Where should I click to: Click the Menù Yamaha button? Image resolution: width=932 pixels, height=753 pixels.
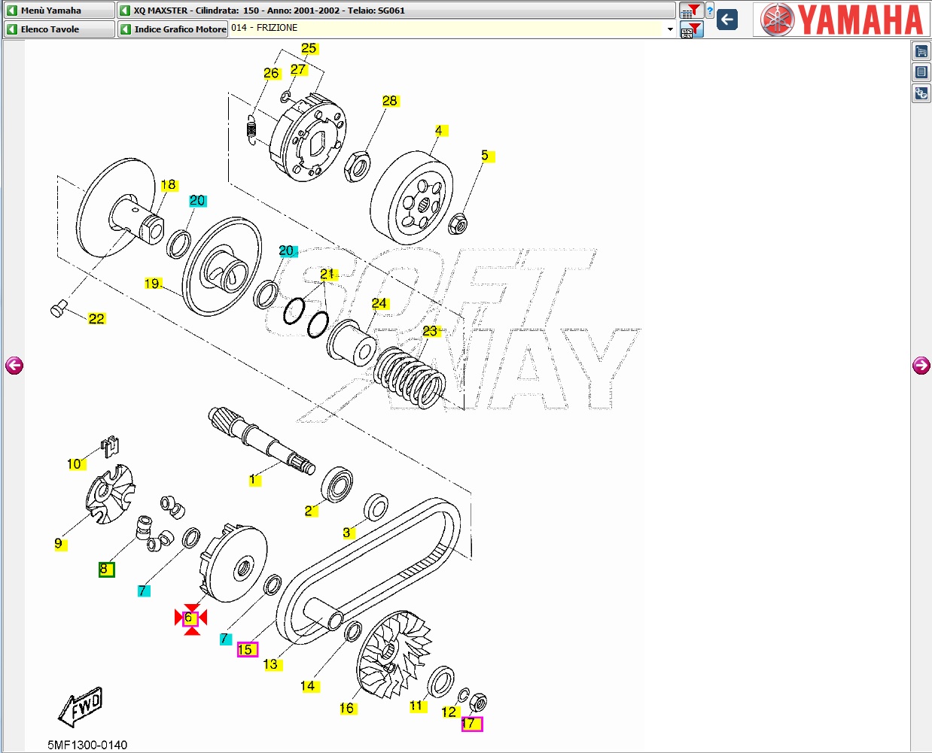(59, 10)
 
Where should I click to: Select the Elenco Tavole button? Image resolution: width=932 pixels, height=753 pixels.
(59, 29)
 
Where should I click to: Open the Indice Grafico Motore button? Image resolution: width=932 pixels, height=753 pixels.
(173, 29)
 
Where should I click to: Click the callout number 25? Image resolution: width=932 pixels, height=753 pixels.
(309, 48)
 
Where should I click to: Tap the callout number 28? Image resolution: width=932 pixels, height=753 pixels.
(389, 101)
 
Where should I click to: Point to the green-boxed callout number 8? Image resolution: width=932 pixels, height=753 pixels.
(107, 569)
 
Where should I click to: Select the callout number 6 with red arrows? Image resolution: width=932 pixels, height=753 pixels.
(190, 618)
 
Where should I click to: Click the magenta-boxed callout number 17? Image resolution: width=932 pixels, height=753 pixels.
(472, 724)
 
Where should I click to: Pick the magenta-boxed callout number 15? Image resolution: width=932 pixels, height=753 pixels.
(247, 649)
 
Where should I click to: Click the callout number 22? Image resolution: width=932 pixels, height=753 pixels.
(96, 319)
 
